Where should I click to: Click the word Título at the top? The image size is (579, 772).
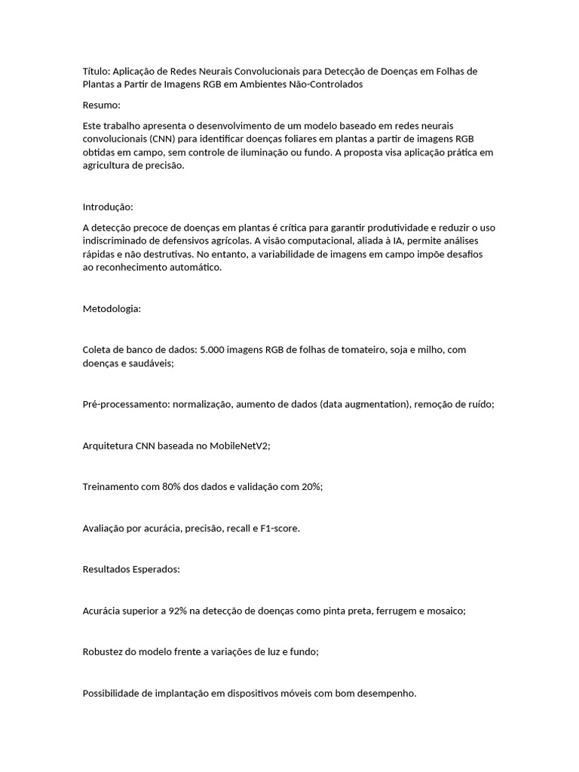95,71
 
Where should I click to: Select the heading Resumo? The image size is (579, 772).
101,105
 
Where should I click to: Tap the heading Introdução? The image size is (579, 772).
108,207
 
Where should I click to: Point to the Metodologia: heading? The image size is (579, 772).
112,309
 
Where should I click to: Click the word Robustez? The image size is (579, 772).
103,652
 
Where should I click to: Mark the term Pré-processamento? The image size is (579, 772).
126,404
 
